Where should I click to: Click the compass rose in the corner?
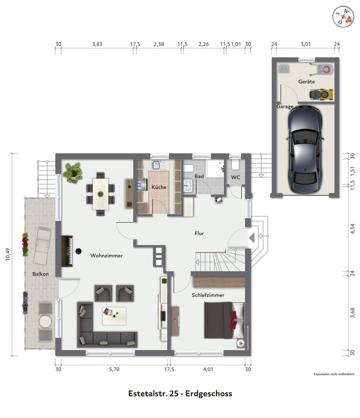pos(343,17)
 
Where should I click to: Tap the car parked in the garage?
pos(305,149)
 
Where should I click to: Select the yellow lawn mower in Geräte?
pos(321,95)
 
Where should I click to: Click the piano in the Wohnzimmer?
pos(67,251)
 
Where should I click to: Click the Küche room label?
pos(159,187)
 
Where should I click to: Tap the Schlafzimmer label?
pos(208,295)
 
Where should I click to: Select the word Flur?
pos(199,233)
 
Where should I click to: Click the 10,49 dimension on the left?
pos(8,254)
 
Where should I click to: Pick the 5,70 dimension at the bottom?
pos(114,369)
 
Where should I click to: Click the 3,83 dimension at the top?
pos(97,44)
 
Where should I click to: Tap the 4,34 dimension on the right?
pos(352,229)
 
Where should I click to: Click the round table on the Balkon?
pos(45,322)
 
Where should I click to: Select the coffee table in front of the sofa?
pos(114,316)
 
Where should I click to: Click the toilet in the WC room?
pos(235,165)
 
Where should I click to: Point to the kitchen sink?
pos(156,165)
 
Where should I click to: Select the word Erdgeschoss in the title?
pos(209,394)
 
